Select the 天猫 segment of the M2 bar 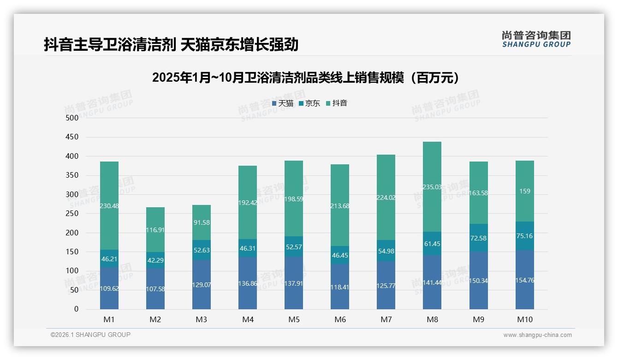[155, 288]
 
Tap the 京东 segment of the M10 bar [525, 236]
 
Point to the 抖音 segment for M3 [202, 222]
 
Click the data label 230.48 [109, 206]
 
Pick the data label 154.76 [525, 280]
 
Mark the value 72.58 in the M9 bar [479, 238]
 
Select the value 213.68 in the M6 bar [340, 206]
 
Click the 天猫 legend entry [283, 103]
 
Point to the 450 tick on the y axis [72, 137]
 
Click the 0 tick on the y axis [76, 309]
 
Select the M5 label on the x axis [294, 320]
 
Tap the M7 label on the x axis [386, 320]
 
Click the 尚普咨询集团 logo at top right [536, 39]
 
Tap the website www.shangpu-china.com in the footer [537, 335]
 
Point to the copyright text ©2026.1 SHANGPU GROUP [90, 335]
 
